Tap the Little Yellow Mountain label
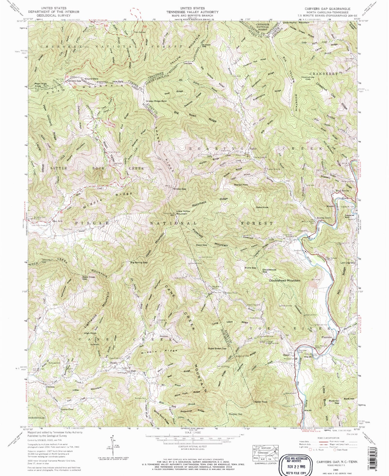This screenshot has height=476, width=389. point(181,212)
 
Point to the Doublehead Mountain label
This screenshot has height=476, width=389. point(285,281)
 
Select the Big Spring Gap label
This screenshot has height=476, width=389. point(139,262)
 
